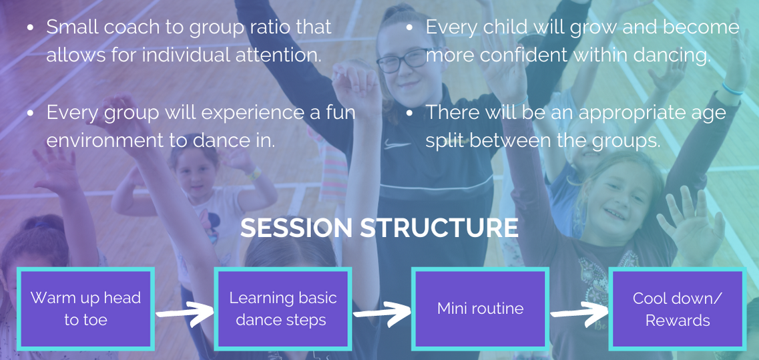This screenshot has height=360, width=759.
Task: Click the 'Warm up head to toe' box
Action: click(85, 309)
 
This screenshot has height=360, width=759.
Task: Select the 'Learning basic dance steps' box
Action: click(282, 309)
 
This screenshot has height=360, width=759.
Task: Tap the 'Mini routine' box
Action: click(480, 309)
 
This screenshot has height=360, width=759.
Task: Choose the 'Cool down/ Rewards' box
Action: click(677, 309)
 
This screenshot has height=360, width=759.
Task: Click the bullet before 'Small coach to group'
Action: click(31, 27)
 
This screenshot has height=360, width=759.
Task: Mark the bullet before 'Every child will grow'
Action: click(409, 27)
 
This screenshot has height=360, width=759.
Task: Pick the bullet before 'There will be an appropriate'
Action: click(409, 114)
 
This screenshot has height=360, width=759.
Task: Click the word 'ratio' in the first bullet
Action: click(280, 27)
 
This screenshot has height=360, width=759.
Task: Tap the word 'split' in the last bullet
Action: click(444, 141)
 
